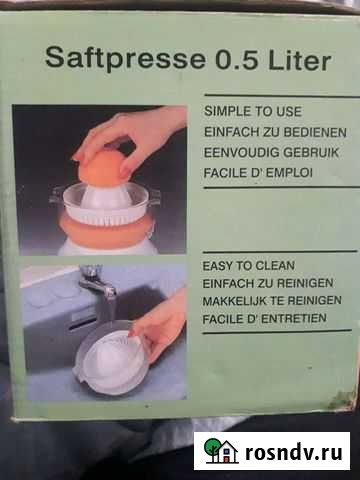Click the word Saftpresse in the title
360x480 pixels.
click(x=126, y=58)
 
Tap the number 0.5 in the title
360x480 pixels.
click(x=237, y=60)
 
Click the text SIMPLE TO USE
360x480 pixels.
click(x=253, y=111)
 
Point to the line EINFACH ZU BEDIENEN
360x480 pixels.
click(x=275, y=132)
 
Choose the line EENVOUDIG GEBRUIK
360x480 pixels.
click(x=271, y=153)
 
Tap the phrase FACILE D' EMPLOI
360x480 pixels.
click(x=258, y=173)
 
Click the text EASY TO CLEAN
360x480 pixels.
click(x=249, y=266)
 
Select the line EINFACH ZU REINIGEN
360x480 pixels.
click(x=268, y=283)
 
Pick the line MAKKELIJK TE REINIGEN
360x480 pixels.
click(x=272, y=301)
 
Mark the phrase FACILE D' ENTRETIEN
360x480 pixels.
click(x=264, y=318)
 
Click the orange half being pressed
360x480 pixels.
click(x=102, y=168)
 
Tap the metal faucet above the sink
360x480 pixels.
click(x=97, y=283)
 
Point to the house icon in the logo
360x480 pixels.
click(x=228, y=452)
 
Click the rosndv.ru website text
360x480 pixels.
click(x=294, y=452)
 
